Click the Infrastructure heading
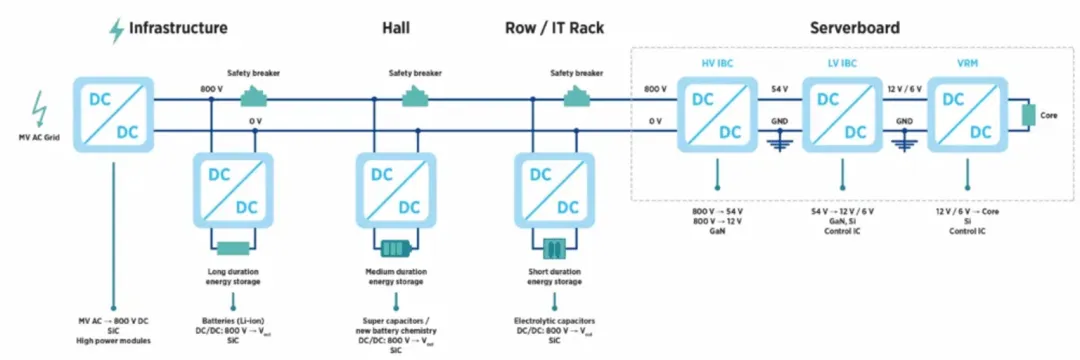pos(178,28)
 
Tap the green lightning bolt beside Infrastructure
pos(117,31)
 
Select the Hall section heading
pos(396,28)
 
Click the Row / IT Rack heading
pos(554,28)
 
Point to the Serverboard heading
pos(854,28)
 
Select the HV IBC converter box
pos(717,114)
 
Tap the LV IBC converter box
pos(842,114)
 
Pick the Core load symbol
pos(1028,115)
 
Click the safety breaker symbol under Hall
pos(415,97)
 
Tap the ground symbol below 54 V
pos(780,145)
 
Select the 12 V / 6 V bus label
pos(904,89)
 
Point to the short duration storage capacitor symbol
pos(554,248)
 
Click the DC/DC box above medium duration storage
pos(395,190)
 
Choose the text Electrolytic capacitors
pos(554,321)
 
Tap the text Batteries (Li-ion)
pos(233,321)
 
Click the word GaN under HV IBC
pos(717,231)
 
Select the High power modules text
pos(113,341)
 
